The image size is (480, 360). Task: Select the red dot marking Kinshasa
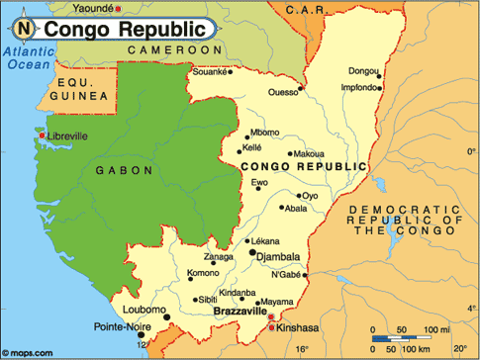272,325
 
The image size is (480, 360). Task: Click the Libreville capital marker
43,135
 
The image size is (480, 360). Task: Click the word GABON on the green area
124,170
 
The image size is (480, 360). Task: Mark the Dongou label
363,70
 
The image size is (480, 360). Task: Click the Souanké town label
210,72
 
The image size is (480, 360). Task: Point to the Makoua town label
309,153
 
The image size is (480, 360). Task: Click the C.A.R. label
305,9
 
